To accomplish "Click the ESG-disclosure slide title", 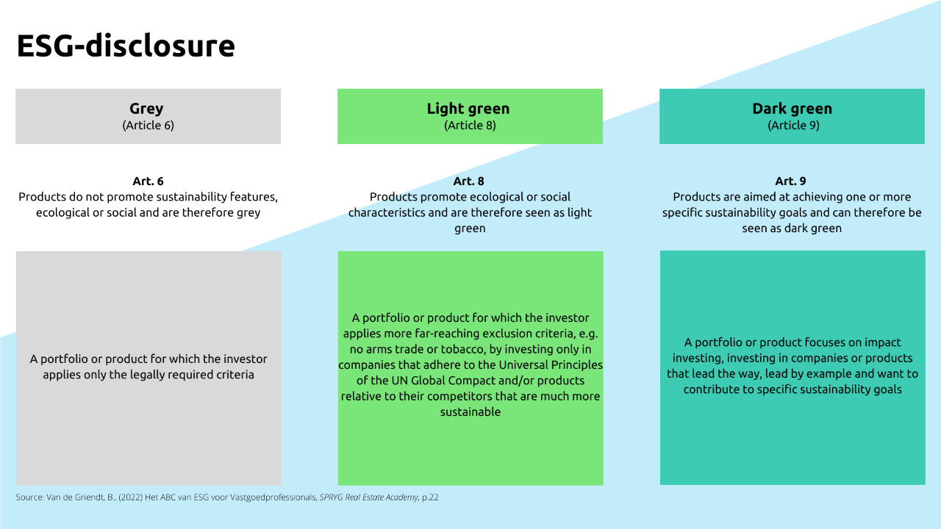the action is point(126,46).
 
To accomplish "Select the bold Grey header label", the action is point(146,109).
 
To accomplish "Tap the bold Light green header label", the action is point(468,109).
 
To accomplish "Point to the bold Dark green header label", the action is point(792,109).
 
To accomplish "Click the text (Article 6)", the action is point(148,125).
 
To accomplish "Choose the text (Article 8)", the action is point(470,125).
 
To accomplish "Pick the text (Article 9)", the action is point(793,125).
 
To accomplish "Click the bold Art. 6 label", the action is point(148,181).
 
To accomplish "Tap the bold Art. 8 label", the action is point(468,181).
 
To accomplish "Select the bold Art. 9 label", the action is point(790,181).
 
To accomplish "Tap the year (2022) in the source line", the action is point(130,497).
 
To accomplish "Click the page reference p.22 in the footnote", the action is point(430,497).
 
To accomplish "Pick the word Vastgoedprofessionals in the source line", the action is point(273,497).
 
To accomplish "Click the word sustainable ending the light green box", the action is point(470,412).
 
